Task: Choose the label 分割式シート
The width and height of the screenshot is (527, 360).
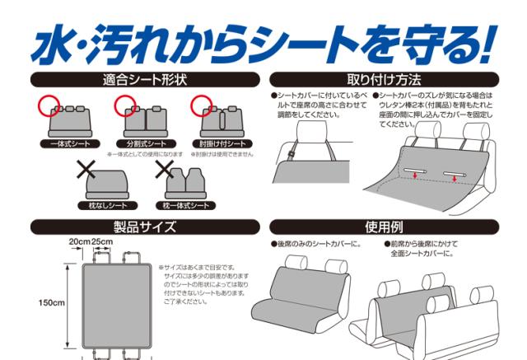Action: (143, 143)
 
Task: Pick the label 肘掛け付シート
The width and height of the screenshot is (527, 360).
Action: (219, 143)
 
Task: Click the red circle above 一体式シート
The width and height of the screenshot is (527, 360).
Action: (49, 105)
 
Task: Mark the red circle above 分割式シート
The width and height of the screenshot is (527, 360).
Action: (125, 105)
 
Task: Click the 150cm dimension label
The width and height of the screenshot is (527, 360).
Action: (52, 302)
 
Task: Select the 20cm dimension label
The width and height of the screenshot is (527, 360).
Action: (80, 241)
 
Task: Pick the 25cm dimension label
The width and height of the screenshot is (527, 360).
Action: (103, 241)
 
